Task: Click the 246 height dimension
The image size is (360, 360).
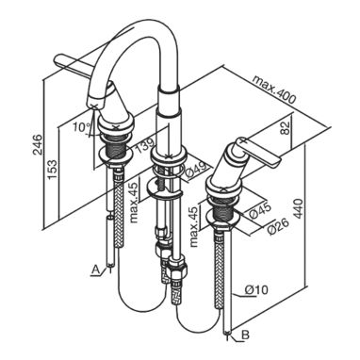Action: (38, 145)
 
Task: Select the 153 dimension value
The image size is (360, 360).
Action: (53, 170)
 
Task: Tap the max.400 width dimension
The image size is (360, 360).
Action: (274, 90)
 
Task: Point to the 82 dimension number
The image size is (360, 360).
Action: (285, 128)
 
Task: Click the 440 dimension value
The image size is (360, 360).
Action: (299, 208)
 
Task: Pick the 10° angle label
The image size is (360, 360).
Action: (82, 127)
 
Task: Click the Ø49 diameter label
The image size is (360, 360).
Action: (195, 171)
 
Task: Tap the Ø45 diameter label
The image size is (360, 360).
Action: (260, 210)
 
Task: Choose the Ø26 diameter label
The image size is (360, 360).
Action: (277, 226)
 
